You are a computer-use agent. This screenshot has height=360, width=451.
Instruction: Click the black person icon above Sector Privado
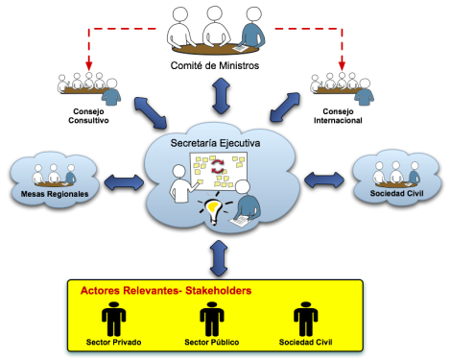(114, 318)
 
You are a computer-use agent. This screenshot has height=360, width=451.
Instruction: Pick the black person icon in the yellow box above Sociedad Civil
(305, 318)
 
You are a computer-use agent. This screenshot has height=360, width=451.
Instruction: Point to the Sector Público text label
(210, 343)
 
